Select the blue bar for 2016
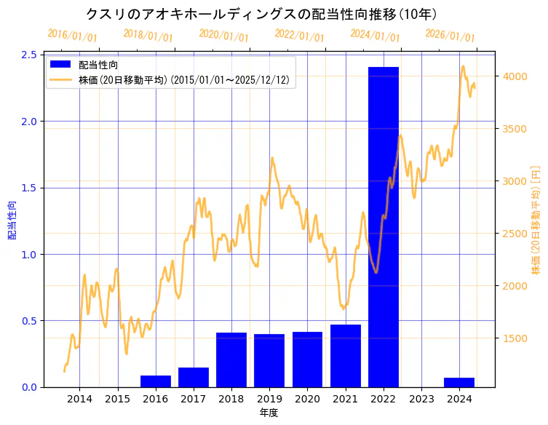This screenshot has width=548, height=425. tap(156, 381)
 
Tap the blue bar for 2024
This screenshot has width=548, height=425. tap(459, 383)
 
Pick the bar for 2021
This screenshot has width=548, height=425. tap(346, 356)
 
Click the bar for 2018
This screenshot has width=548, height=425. tap(231, 360)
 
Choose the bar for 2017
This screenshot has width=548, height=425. tap(194, 377)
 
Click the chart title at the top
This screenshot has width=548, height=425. tap(261, 14)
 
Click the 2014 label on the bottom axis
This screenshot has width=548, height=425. tap(80, 399)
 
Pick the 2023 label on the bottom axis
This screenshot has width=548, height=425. tap(421, 399)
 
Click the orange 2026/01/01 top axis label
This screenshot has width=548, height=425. tap(450, 36)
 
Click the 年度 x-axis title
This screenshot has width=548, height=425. tap(269, 413)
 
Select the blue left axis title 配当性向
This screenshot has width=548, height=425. tap(12, 221)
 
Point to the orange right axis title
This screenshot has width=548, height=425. tap(536, 221)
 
